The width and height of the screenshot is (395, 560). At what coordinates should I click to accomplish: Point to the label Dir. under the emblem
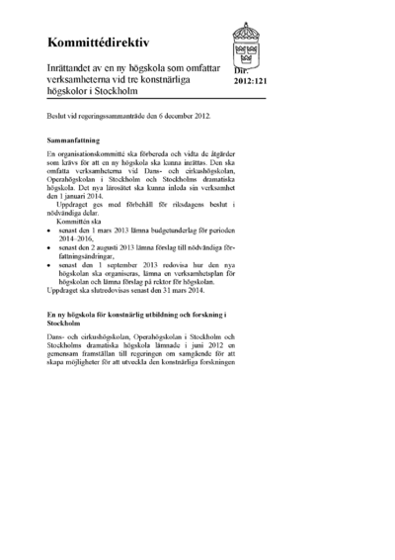click(242, 71)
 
